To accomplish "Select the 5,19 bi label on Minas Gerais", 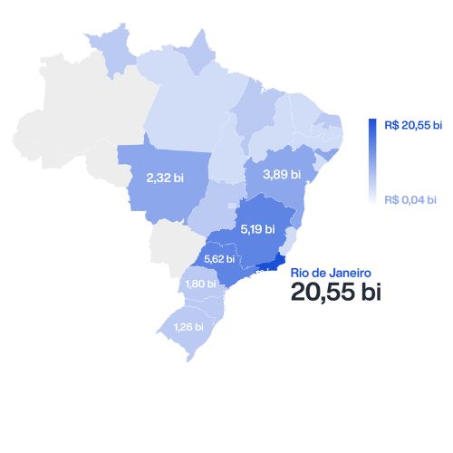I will (x=258, y=229).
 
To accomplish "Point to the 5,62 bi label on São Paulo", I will (x=219, y=258).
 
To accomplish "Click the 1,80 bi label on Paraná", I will (x=199, y=284).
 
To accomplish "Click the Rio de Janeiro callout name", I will (x=330, y=272).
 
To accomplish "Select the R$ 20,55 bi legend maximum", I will (x=413, y=125).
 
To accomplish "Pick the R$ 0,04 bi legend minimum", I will (x=410, y=199).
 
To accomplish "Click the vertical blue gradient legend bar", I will (x=372, y=159).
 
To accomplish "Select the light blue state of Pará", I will (x=186, y=109).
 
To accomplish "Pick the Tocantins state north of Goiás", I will (x=227, y=154).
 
